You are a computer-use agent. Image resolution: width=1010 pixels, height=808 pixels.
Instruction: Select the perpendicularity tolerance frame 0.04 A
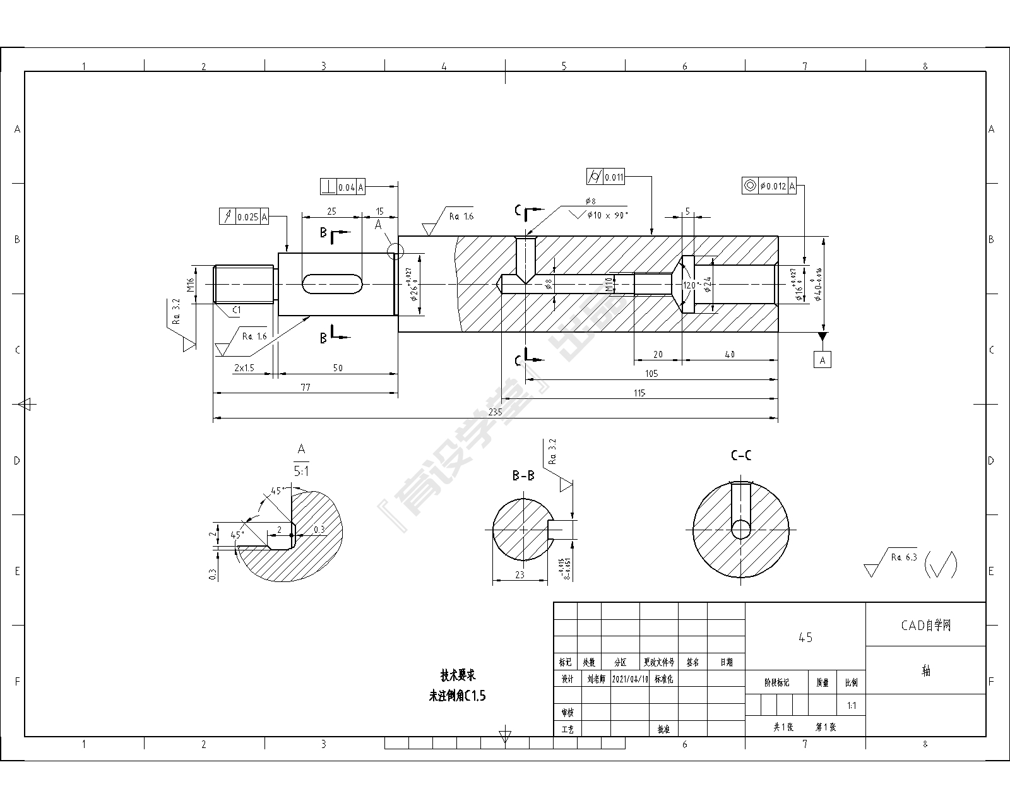[x=343, y=187]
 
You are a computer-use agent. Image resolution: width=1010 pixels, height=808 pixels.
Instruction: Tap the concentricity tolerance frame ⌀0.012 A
[x=769, y=186]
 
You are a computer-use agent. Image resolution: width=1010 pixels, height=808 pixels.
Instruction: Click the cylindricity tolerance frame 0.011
[x=606, y=177]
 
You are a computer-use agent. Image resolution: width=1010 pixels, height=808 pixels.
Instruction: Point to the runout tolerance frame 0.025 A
[x=244, y=217]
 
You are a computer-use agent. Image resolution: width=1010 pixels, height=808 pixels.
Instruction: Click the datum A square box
[x=822, y=360]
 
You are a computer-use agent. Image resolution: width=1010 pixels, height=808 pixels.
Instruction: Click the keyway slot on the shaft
[x=332, y=284]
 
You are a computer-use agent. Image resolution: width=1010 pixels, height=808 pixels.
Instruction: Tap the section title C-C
[x=740, y=455]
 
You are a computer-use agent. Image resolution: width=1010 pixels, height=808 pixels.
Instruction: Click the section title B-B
[x=523, y=475]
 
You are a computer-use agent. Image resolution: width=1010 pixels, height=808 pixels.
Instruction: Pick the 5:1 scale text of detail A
[x=301, y=471]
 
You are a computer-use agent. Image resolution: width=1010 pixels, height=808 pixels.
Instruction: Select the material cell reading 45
[x=805, y=638]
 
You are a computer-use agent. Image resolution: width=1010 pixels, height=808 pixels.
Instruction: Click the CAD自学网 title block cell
[x=925, y=625]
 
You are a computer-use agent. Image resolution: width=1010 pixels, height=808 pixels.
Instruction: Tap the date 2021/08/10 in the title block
[x=631, y=679]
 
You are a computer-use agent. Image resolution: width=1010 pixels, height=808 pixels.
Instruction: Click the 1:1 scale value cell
[x=852, y=706]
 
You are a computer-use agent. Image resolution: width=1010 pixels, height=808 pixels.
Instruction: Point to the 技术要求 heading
[x=458, y=675]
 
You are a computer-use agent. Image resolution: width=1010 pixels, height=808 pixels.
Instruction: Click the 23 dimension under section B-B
[x=520, y=575]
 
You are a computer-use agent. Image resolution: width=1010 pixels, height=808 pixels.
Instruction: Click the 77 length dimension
[x=306, y=388]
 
